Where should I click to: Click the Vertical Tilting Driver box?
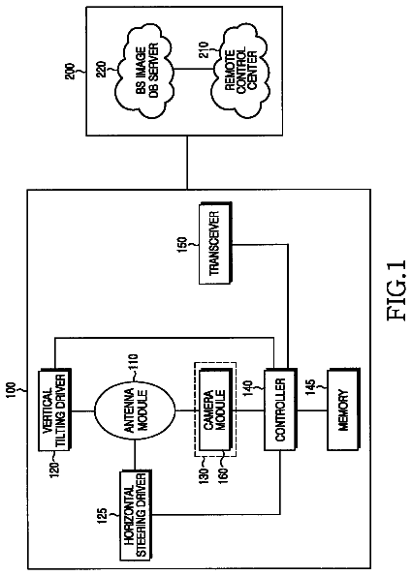click(55, 409)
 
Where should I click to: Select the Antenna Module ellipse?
click(135, 409)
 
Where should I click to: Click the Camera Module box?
click(215, 409)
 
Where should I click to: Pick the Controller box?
click(279, 409)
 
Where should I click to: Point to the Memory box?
click(343, 409)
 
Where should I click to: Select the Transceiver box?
click(215, 243)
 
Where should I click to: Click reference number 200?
click(70, 72)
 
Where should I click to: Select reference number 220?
click(101, 69)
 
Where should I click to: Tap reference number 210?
click(205, 49)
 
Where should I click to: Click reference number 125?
click(104, 517)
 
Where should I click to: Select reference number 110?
click(132, 364)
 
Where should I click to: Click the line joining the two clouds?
click(192, 70)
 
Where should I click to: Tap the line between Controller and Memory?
click(311, 409)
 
